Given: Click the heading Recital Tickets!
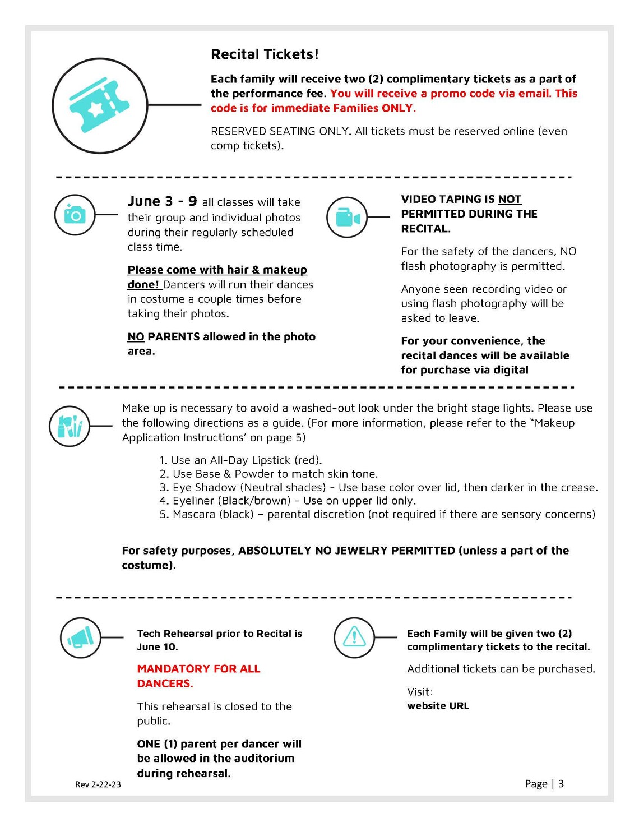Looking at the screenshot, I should pos(265,54).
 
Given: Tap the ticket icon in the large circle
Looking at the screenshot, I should pos(99,105).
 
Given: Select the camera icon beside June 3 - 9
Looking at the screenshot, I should pos(75,214).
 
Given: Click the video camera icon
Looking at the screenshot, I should pos(347,217).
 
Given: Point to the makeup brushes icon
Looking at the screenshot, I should pos(70,427).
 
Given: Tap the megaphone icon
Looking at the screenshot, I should pos(81,637).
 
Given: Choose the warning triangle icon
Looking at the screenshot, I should pos(354,637).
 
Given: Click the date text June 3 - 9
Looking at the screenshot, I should pos(162,201).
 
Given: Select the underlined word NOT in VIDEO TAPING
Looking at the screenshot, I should pos(510,200).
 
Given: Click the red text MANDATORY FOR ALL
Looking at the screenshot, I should pos(198,669).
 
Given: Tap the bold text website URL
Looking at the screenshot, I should pos(438,706).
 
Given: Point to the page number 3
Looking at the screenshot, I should pos(561,784).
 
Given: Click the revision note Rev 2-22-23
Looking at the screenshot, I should pos(98,784).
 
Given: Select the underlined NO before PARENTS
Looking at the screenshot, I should pos(136,337).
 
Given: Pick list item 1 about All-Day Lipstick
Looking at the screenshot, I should pos(241,460).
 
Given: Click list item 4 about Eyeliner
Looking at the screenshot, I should pos(288,501).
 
